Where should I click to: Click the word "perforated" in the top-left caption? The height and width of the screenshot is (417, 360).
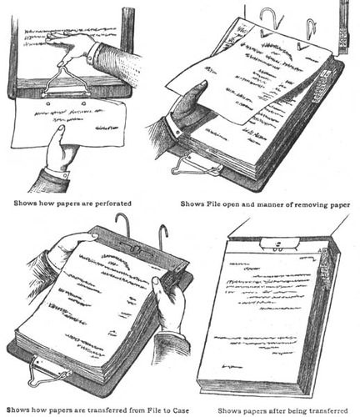[113, 203]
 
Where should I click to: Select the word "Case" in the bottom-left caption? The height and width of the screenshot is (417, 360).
[181, 410]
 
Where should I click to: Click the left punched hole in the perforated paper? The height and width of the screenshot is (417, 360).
[48, 104]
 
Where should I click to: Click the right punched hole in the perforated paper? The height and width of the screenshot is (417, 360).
[83, 103]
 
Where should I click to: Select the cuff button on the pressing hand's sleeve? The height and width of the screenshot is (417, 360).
[90, 59]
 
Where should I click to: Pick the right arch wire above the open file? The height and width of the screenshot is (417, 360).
[311, 28]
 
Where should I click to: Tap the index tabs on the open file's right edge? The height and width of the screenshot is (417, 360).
[322, 86]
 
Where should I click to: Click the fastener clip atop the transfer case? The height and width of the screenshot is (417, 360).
[280, 244]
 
